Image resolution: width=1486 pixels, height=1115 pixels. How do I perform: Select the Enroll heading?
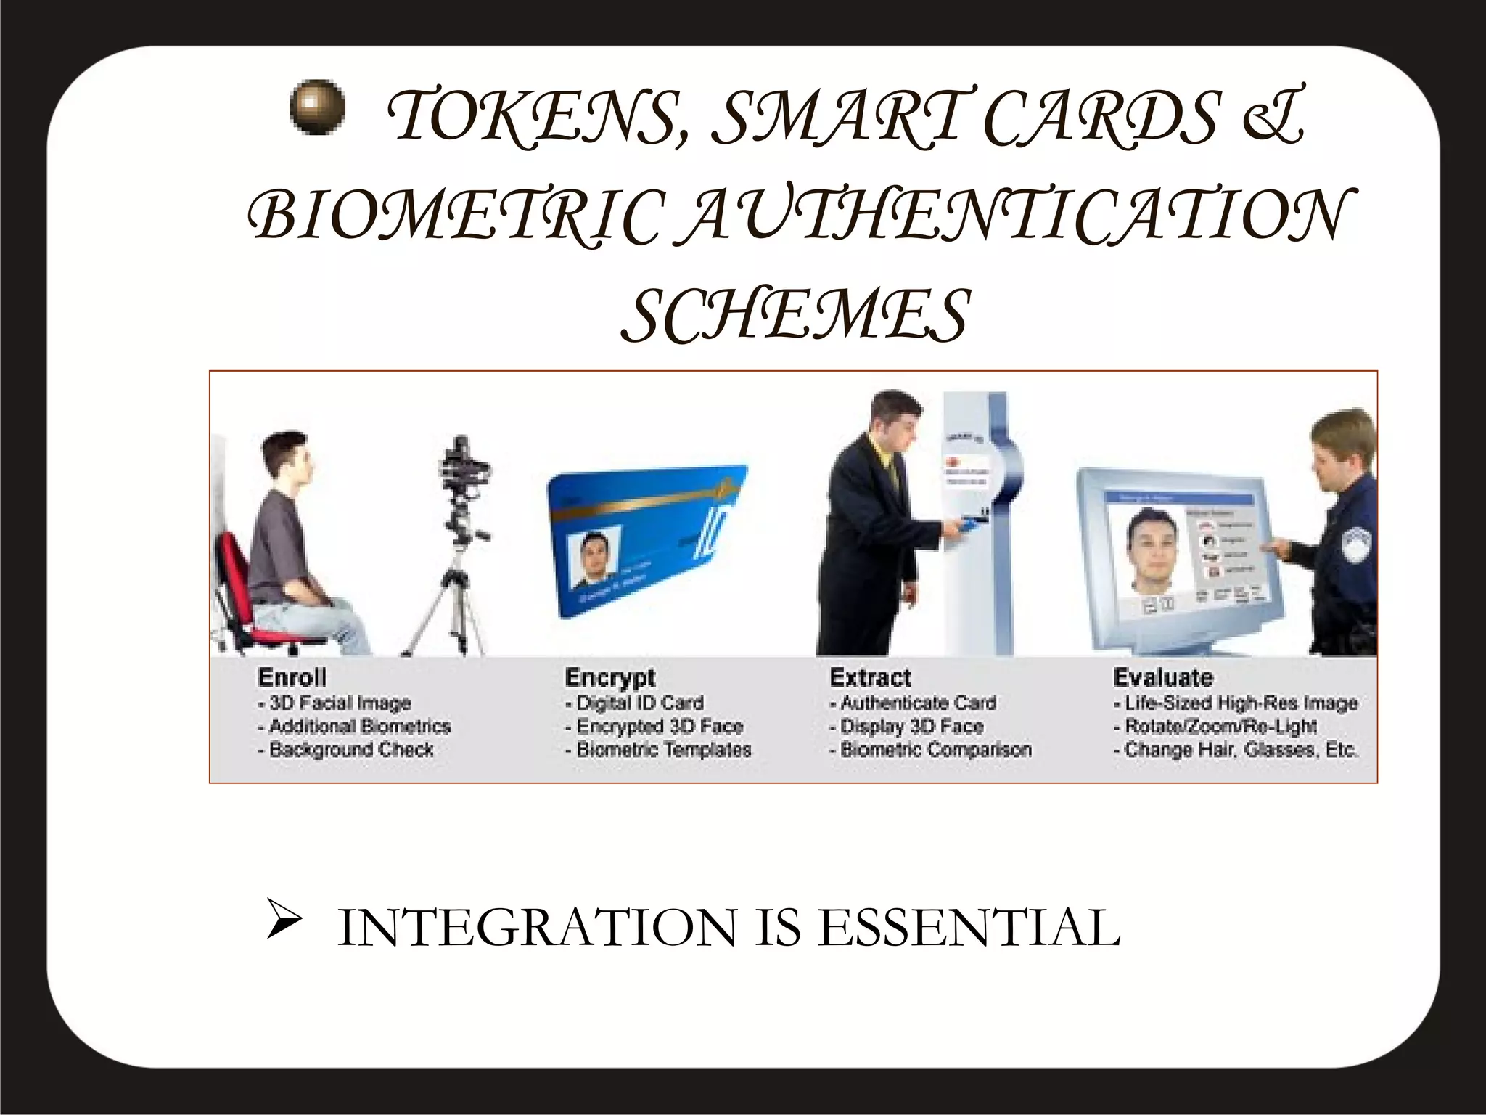tap(292, 678)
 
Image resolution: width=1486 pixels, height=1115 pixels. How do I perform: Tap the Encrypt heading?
tap(609, 678)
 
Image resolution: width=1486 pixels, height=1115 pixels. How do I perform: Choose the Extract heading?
tap(870, 678)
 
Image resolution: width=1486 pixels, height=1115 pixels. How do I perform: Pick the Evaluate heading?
tap(1162, 678)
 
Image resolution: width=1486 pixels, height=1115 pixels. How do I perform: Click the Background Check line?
tap(347, 750)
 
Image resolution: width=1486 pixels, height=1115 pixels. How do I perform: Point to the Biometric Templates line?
tap(659, 750)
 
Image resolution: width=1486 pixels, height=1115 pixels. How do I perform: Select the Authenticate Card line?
tap(913, 703)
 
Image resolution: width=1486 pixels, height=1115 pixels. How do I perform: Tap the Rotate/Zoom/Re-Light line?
tap(1215, 727)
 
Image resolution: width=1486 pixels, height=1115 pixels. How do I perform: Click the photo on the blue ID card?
tap(595, 560)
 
